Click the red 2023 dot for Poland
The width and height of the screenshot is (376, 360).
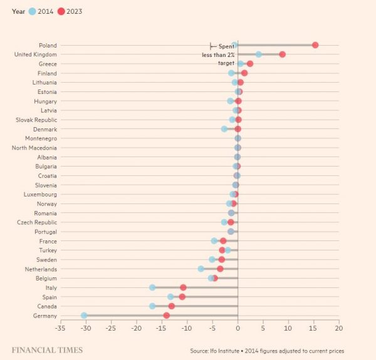click(315, 45)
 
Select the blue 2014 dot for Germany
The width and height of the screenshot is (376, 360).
click(84, 316)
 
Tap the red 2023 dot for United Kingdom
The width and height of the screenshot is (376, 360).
click(283, 54)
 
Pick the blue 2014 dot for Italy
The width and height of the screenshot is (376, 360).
click(152, 287)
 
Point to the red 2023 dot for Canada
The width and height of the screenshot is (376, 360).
click(172, 306)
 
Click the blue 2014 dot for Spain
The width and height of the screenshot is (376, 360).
click(170, 297)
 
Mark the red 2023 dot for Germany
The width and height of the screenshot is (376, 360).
click(167, 316)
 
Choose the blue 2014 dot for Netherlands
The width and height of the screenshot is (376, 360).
click(201, 269)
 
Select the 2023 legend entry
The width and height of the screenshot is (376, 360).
click(70, 11)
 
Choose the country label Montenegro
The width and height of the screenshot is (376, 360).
click(41, 138)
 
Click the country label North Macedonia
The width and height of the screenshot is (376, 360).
click(34, 148)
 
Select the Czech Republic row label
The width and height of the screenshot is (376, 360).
click(36, 222)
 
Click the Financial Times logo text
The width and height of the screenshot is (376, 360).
click(47, 349)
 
